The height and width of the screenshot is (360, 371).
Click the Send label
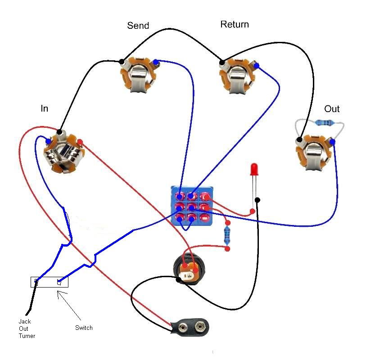tap(138, 25)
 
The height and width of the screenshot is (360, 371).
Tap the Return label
tap(234, 24)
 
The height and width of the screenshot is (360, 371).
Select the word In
tap(44, 108)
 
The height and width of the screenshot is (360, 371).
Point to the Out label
tap(332, 109)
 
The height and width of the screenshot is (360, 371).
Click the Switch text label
tap(84, 328)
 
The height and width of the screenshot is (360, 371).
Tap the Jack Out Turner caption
tap(27, 328)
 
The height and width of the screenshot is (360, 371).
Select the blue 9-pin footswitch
tap(192, 207)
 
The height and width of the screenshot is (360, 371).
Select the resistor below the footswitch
tap(227, 235)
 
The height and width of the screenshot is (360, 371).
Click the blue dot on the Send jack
tap(155, 62)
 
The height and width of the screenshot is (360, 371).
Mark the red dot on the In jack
tap(80, 142)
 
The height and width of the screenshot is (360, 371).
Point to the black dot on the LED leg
tap(257, 200)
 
